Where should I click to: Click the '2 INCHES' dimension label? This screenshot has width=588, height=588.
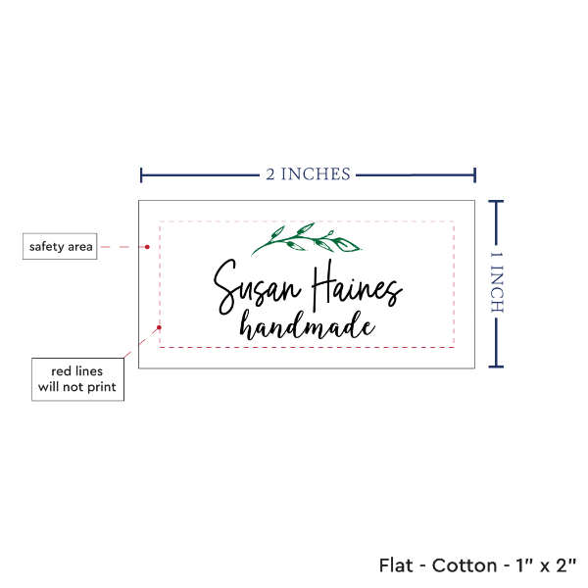(307, 174)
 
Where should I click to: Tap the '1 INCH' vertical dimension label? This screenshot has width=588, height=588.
(496, 281)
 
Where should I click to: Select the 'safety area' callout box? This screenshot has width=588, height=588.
(61, 247)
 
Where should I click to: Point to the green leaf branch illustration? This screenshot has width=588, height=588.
(293, 239)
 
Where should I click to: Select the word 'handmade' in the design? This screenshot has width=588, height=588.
(308, 325)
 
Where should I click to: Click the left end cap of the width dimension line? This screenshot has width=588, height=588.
(142, 174)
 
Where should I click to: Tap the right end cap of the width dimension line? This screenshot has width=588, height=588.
(475, 174)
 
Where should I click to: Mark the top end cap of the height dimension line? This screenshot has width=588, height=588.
(496, 201)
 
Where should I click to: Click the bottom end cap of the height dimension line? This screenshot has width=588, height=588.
(496, 367)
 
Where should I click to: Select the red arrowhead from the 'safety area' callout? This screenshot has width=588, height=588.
(147, 247)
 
